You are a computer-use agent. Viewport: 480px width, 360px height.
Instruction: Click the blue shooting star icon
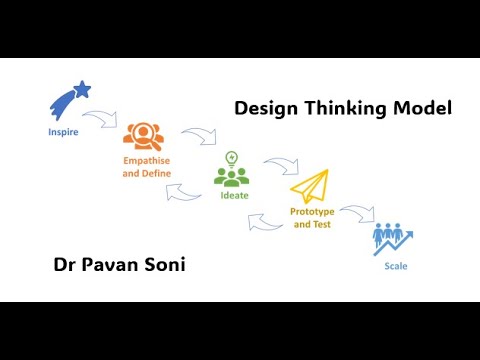70,101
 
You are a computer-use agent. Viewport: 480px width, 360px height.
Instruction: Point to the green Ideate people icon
231,177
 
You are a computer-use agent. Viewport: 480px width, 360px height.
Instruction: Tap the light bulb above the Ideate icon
232,157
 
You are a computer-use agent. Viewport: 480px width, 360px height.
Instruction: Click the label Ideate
232,197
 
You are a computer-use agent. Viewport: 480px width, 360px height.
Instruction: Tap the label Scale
396,267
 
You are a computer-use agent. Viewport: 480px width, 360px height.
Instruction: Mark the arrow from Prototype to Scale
358,212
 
